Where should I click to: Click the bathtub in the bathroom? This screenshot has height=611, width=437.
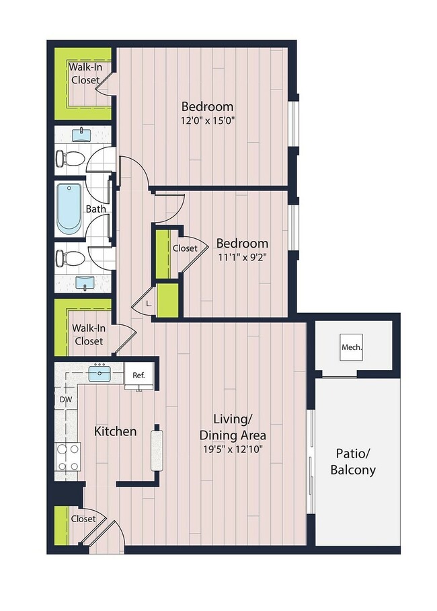click(x=69, y=209)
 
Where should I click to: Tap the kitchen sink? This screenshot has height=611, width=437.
click(x=100, y=373)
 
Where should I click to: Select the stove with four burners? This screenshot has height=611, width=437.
click(x=67, y=457)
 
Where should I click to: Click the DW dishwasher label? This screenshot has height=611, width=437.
click(x=65, y=400)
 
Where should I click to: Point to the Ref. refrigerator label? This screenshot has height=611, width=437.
click(x=139, y=375)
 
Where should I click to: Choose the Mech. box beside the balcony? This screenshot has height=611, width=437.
click(x=352, y=348)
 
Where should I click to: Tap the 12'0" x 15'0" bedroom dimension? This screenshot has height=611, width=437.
click(x=208, y=121)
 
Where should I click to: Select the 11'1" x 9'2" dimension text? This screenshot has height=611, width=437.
click(x=242, y=258)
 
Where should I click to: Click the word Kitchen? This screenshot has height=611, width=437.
click(x=115, y=431)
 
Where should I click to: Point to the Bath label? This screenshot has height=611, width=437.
click(x=95, y=209)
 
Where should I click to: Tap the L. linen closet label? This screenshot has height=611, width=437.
click(x=149, y=304)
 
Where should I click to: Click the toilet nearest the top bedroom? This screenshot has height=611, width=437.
click(x=70, y=159)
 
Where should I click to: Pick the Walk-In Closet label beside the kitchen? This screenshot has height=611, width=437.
click(x=88, y=334)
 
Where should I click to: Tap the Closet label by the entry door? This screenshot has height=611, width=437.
click(x=83, y=519)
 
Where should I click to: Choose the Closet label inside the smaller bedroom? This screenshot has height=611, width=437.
click(x=185, y=248)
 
